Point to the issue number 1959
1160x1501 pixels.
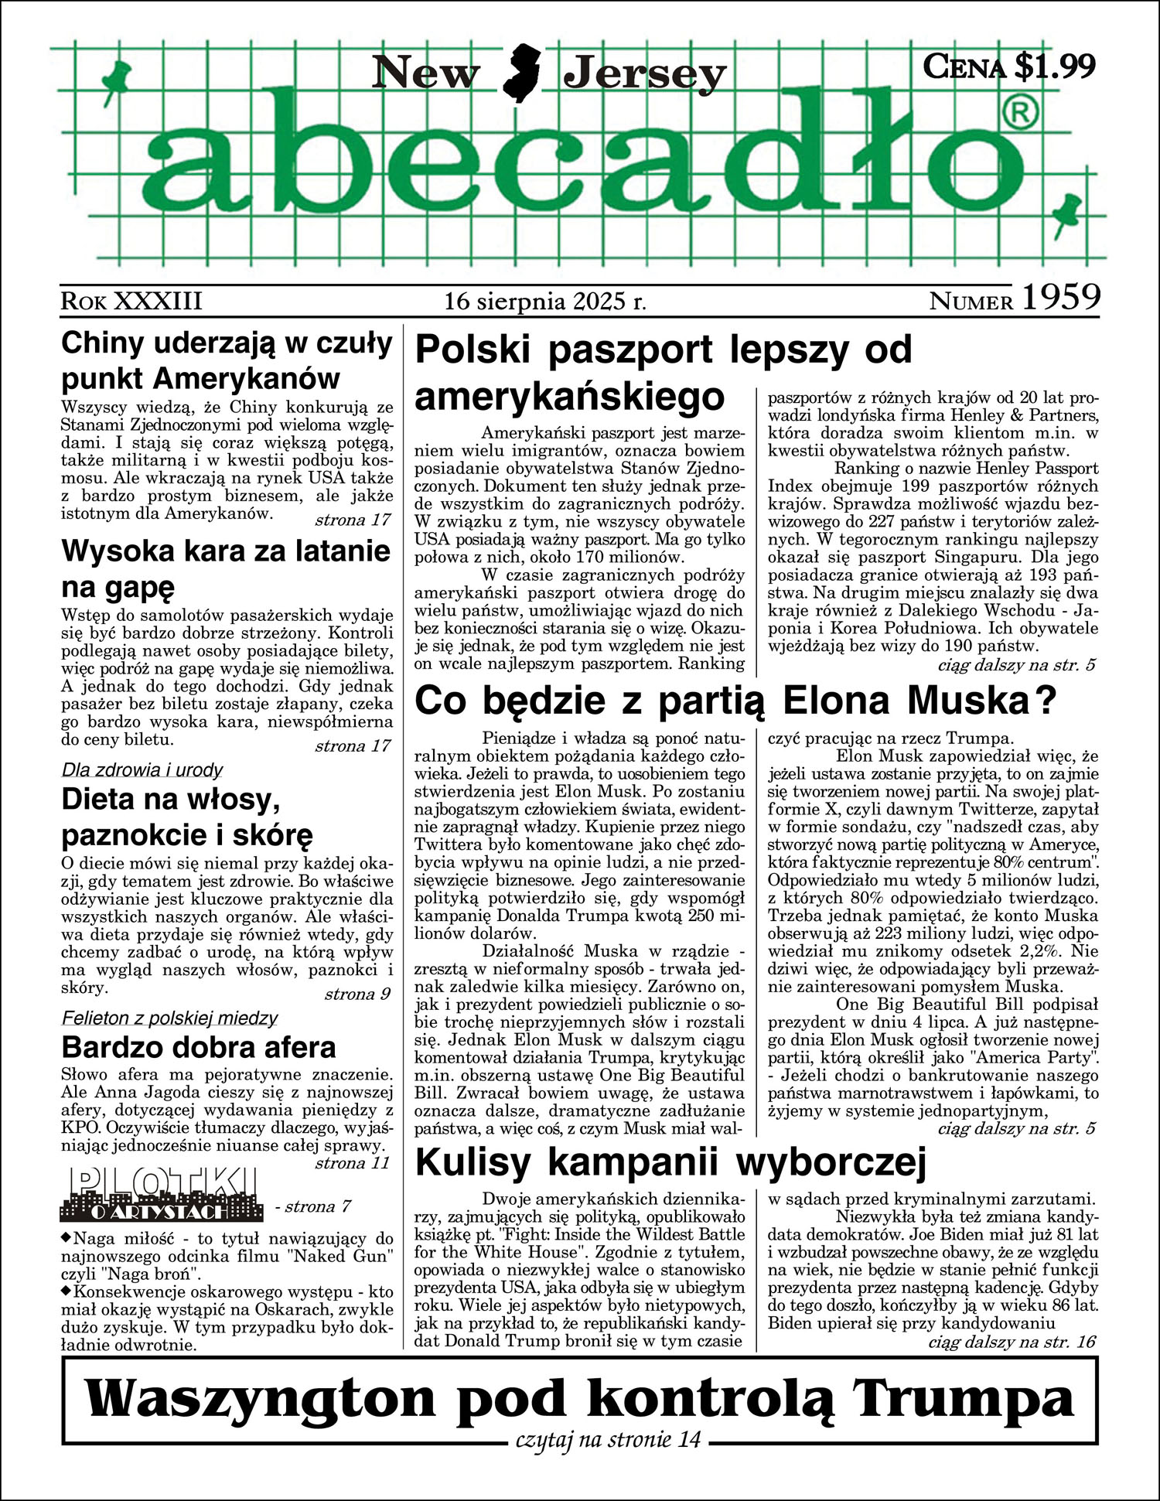[x=1061, y=298]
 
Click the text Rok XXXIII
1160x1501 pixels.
[x=131, y=301]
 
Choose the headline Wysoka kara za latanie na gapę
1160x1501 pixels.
[x=226, y=569]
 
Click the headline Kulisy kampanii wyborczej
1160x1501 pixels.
[x=670, y=1162]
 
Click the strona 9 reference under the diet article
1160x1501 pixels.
[x=357, y=994]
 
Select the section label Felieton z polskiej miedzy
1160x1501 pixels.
[x=169, y=1018]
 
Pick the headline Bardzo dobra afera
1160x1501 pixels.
[x=199, y=1047]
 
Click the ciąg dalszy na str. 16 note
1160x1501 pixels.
[x=1011, y=1342]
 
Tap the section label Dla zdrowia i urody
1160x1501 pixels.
[x=142, y=770]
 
